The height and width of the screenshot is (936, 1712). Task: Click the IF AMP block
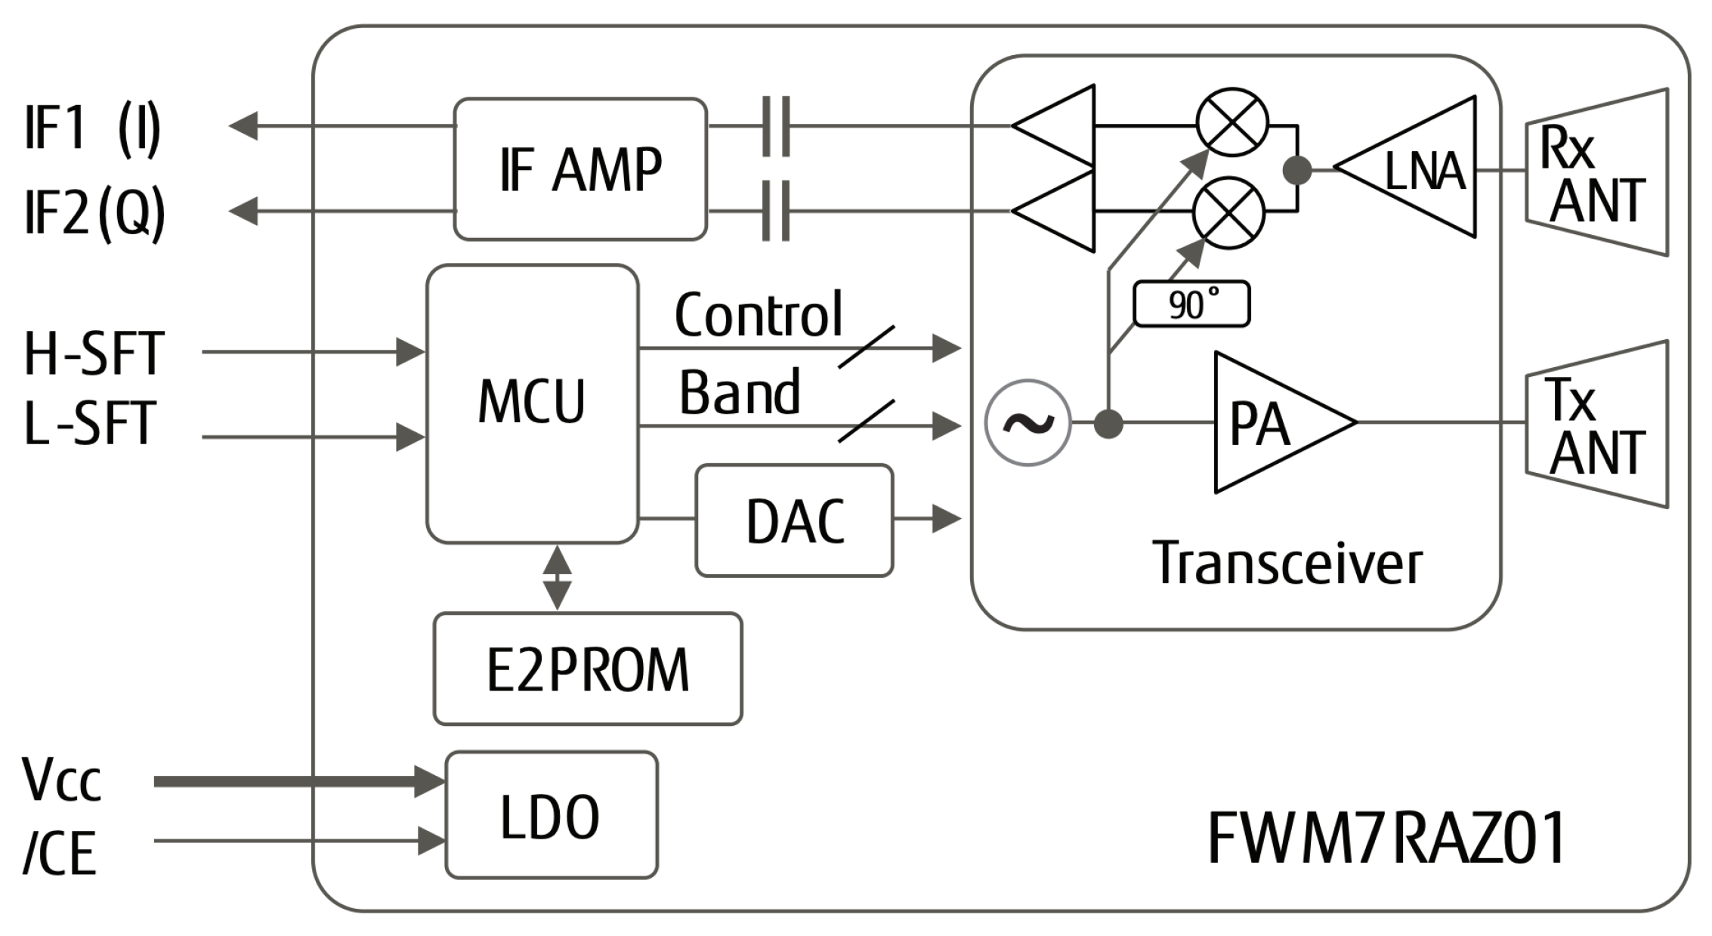pos(579,169)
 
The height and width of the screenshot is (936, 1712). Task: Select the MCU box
pos(532,403)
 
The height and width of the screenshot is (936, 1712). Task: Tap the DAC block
pos(794,521)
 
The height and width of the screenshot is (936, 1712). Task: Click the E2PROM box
pos(588,669)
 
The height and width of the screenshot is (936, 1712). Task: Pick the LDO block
pos(551,815)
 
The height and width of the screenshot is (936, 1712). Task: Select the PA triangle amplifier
pos(1269,423)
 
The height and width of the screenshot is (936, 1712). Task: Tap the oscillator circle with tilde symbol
pos(1028,423)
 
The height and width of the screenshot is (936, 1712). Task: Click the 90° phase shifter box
pos(1191,304)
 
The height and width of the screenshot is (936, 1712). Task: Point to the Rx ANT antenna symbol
pos(1596,172)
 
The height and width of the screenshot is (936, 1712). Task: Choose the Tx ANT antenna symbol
pos(1596,425)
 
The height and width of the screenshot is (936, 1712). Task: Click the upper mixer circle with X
pos(1232,121)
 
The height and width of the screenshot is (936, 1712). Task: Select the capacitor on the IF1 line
pos(776,126)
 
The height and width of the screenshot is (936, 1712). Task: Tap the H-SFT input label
pos(94,354)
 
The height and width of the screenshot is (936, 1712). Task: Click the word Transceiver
pos(1287,564)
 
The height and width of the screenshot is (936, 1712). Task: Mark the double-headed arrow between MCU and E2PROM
pos(558,577)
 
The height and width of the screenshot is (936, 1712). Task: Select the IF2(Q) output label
pos(94,213)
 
